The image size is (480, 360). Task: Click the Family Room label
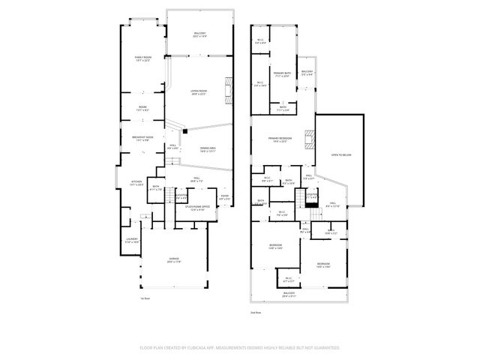pos(142,58)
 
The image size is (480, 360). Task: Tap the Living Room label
pos(199,92)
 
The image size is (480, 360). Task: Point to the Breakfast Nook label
pos(142,138)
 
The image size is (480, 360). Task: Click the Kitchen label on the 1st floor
pos(136,182)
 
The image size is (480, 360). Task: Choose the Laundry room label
pos(132,240)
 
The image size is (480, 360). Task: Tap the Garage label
pos(174,260)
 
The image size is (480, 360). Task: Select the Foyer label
pos(224,197)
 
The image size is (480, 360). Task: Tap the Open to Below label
pos(341,155)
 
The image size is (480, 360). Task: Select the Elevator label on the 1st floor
pos(181,196)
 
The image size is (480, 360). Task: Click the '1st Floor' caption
pos(145,298)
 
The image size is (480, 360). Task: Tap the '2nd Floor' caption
pos(256,313)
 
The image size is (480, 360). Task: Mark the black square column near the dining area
pos(184,131)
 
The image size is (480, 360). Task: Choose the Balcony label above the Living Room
pos(199,34)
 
